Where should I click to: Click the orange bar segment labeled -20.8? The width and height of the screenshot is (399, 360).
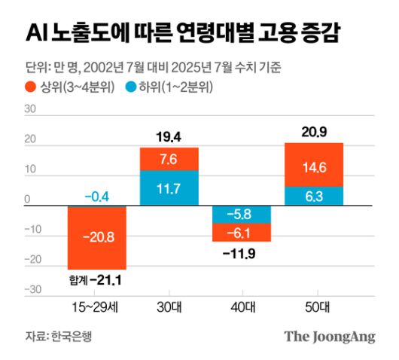96,237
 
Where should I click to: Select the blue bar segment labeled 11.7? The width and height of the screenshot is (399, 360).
169,188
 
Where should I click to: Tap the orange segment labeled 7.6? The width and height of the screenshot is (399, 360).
169,159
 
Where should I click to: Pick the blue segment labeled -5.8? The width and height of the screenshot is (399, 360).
242,215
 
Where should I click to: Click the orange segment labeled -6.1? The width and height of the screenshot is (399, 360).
242,233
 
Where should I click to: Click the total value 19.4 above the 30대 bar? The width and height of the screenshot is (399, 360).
169,137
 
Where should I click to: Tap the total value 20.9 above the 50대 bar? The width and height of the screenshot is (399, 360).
314,133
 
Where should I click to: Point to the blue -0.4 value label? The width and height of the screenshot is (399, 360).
96,197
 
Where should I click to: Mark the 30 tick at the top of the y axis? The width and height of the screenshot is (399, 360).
31,109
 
